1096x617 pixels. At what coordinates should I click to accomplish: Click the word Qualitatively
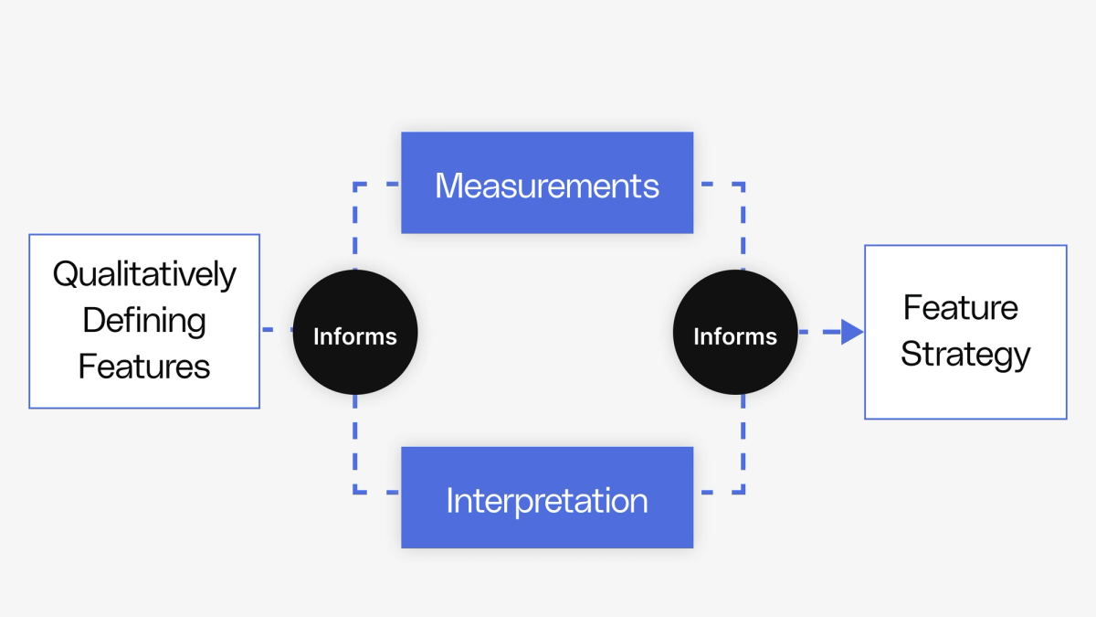tap(144, 274)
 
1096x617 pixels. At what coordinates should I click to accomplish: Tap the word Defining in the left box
tap(144, 321)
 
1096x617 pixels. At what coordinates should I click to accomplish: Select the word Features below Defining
tap(144, 367)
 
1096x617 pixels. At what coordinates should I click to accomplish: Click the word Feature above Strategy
tap(960, 307)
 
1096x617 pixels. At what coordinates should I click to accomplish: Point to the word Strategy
tap(965, 355)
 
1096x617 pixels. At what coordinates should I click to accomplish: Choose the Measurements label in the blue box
tap(546, 186)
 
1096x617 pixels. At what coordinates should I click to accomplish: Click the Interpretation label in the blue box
tap(546, 501)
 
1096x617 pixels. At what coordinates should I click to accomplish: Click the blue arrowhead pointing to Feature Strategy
tap(851, 332)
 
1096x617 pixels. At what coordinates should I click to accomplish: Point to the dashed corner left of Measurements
tap(355, 185)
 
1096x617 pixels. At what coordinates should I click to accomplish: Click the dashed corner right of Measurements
tap(743, 185)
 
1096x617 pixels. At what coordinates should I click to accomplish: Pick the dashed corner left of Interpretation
tap(355, 492)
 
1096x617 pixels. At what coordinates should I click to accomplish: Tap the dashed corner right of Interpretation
tap(743, 492)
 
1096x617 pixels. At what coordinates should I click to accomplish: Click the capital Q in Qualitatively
tap(65, 274)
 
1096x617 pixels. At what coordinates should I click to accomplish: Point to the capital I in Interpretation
tap(449, 501)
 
